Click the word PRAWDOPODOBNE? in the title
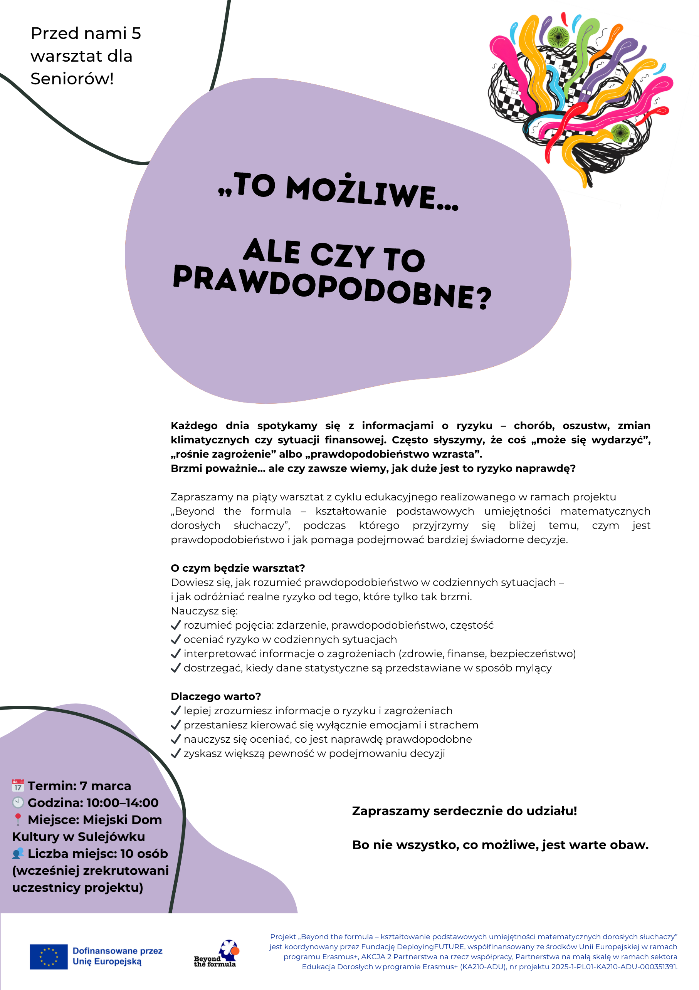332,287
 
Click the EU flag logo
48,956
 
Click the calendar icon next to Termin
18,785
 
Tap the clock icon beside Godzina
18,802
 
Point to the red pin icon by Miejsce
18,819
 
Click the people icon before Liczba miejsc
18,853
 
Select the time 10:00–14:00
123,803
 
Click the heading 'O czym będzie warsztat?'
238,568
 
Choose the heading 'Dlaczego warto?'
216,696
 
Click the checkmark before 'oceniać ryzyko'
175,639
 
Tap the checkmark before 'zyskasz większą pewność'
175,753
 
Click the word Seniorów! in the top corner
72,79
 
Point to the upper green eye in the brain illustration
559,37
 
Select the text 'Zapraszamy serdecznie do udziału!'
464,811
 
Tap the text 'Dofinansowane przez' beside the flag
117,951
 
